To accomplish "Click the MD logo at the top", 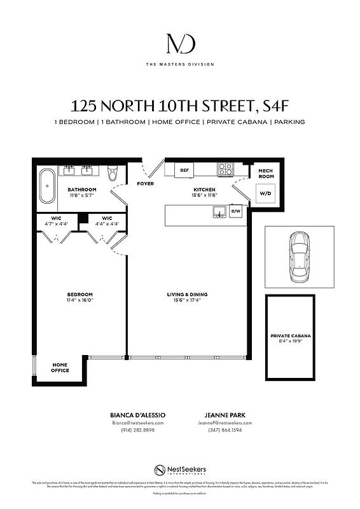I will tap(180, 44).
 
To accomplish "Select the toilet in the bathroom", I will tap(113, 173).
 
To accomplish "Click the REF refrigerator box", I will tap(184, 170).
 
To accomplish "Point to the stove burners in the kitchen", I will tap(225, 169).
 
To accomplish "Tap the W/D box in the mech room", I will tap(263, 193).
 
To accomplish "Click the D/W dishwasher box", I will tap(235, 211).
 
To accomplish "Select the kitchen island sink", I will tap(219, 211).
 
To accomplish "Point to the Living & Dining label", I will tap(187, 296).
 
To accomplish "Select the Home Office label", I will tap(60, 367).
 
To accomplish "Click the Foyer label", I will tap(145, 184).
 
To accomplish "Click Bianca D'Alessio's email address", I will tap(137, 422).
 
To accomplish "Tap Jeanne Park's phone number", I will tap(226, 430).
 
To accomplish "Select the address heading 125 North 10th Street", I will tap(180, 106).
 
